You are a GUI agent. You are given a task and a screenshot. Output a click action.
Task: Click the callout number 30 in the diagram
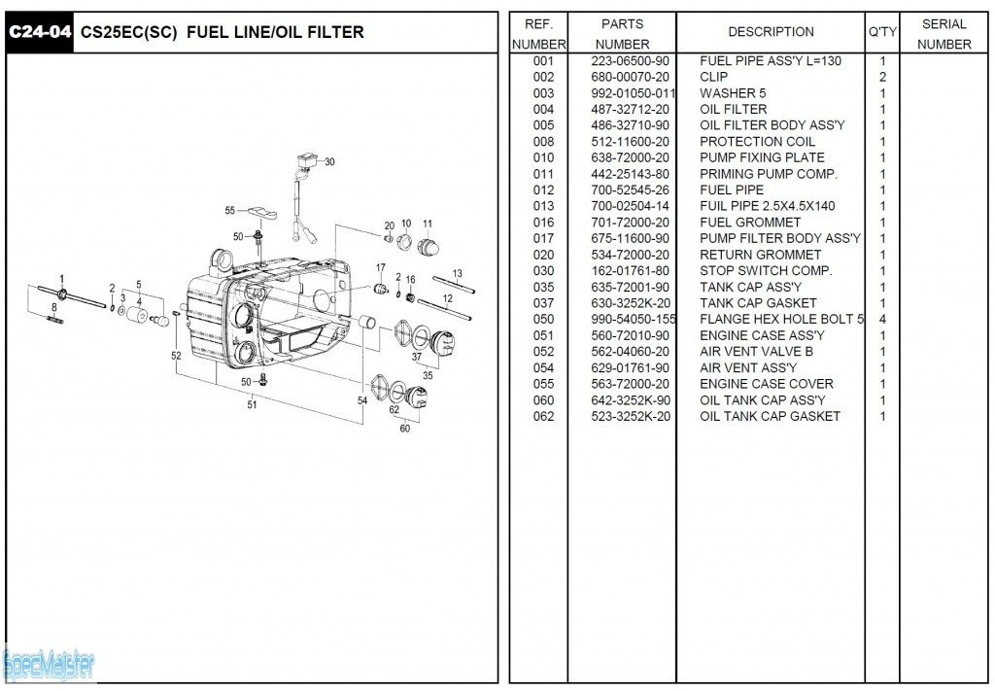point(329,162)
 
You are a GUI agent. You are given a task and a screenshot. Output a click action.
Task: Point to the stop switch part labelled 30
point(306,163)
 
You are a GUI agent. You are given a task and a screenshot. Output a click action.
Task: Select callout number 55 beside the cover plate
point(230,210)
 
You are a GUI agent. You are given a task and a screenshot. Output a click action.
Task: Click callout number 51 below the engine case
point(252,404)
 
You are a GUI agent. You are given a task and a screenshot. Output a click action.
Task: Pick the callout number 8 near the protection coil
point(53,307)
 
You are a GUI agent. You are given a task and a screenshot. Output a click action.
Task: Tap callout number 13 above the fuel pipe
point(457,274)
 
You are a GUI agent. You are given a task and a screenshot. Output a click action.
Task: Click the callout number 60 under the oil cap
point(404,428)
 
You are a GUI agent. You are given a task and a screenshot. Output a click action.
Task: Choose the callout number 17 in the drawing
point(381,268)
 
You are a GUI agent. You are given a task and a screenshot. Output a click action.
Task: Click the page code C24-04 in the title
point(39,32)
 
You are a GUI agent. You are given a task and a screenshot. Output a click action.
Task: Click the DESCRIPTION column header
point(771,32)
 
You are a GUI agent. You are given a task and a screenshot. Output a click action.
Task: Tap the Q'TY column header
point(882,32)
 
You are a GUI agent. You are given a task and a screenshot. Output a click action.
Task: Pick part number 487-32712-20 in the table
point(630,109)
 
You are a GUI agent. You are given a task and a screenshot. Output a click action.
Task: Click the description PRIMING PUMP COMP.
point(768,174)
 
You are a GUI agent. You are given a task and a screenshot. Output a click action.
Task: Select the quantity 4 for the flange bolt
point(882,319)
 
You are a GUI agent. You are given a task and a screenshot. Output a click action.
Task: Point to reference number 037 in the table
point(543,303)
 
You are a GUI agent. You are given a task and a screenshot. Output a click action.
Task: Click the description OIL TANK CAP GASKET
point(770,416)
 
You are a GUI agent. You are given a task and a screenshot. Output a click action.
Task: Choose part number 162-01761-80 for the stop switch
point(630,270)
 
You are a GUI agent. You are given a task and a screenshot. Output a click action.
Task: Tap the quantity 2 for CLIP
point(882,77)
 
